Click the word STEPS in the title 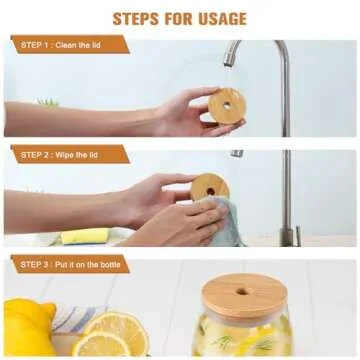(x=136, y=18)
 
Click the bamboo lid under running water (x=227, y=105)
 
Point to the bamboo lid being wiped (x=211, y=187)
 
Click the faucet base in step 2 (x=288, y=237)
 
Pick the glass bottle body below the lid (x=245, y=335)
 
